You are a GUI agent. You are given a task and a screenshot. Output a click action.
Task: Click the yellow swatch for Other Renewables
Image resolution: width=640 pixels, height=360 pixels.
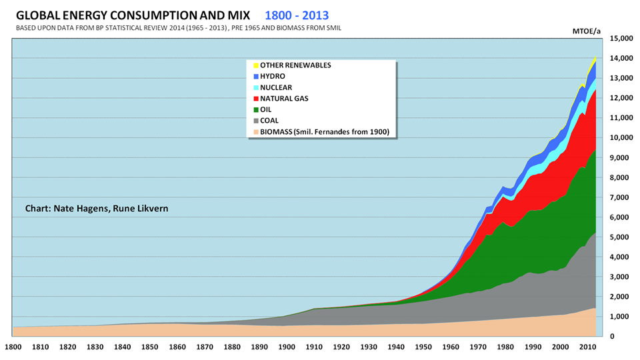click(254, 65)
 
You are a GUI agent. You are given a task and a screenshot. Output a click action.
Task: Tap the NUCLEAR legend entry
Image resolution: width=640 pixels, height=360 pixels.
click(275, 87)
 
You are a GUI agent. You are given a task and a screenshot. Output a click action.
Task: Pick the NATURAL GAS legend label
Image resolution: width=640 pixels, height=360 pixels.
click(284, 99)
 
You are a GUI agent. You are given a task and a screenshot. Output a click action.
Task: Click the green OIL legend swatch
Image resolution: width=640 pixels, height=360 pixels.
click(254, 109)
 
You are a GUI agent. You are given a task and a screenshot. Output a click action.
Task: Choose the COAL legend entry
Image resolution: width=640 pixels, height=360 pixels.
click(270, 121)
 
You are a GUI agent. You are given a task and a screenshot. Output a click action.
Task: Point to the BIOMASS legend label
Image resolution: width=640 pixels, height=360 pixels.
click(324, 131)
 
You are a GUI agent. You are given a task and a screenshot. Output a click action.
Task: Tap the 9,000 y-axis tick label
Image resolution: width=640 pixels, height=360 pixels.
click(623, 158)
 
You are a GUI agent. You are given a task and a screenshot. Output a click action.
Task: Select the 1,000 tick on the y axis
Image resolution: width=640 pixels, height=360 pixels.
click(623, 317)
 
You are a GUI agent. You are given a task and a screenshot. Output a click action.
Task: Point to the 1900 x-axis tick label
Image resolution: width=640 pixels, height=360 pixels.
click(285, 347)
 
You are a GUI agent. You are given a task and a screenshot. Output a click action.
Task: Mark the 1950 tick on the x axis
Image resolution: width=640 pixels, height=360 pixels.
click(423, 347)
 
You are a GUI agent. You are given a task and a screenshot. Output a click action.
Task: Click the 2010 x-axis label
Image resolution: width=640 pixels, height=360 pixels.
click(587, 347)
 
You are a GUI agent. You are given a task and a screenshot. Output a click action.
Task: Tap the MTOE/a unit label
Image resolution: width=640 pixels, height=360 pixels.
click(587, 30)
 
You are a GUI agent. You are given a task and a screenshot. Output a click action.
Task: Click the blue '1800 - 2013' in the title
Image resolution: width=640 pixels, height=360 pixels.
click(296, 14)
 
